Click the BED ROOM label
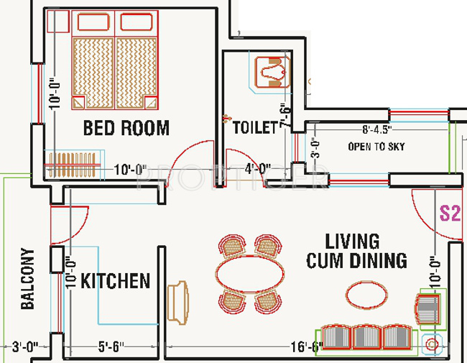[x=126, y=129]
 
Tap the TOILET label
[x=255, y=128]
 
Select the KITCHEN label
[x=115, y=280]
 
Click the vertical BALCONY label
[x=28, y=279]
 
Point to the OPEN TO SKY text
[x=376, y=147]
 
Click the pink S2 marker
[x=449, y=213]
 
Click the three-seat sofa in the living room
[x=367, y=338]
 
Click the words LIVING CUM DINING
[x=356, y=250]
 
